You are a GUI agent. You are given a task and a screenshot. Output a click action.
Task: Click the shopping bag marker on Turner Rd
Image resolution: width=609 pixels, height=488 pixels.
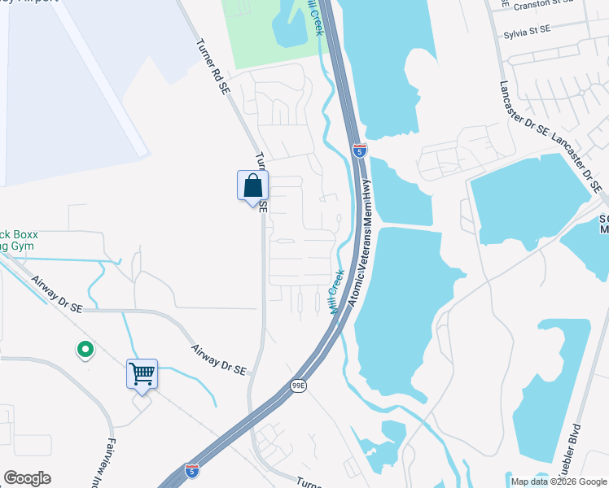pyautogui.click(x=252, y=186)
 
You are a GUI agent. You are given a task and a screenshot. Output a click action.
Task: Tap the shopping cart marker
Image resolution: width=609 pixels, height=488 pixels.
pyautogui.click(x=142, y=375)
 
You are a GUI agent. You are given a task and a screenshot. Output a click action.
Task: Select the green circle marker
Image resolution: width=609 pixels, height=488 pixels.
pyautogui.click(x=85, y=351)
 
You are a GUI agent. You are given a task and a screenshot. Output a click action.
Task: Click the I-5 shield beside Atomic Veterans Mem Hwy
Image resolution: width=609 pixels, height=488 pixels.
pyautogui.click(x=360, y=150)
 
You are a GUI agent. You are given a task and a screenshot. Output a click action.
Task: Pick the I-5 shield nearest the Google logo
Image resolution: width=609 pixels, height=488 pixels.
pyautogui.click(x=191, y=470)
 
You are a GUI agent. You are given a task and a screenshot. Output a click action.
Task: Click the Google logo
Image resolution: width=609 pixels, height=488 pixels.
pyautogui.click(x=27, y=478)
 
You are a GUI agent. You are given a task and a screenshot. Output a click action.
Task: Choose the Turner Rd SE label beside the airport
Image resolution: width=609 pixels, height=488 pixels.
pyautogui.click(x=210, y=68)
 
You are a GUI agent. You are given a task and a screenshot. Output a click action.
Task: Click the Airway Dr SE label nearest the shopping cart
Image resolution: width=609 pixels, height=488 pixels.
pyautogui.click(x=218, y=359)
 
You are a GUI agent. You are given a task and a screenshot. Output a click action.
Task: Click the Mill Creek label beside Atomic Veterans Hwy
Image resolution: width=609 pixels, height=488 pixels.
pyautogui.click(x=336, y=292)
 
